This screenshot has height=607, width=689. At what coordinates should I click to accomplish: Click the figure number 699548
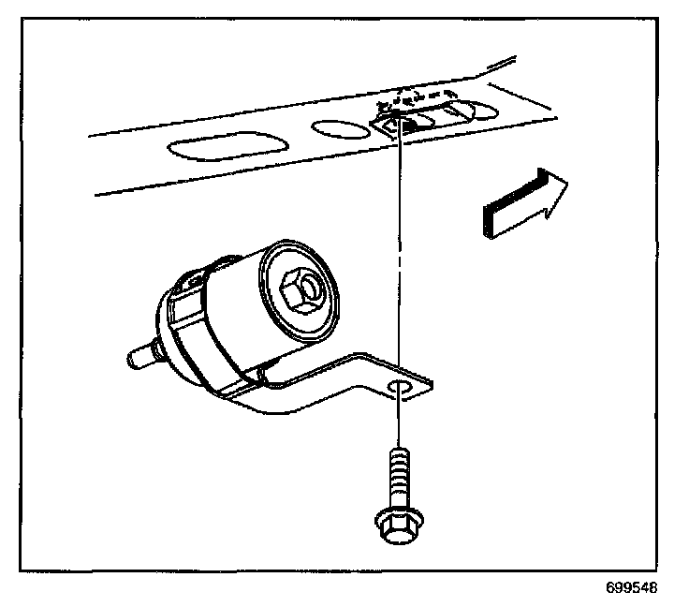(632, 589)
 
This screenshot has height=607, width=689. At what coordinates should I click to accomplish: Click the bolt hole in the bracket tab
(400, 390)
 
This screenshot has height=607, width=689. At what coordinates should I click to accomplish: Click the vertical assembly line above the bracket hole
(401, 253)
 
